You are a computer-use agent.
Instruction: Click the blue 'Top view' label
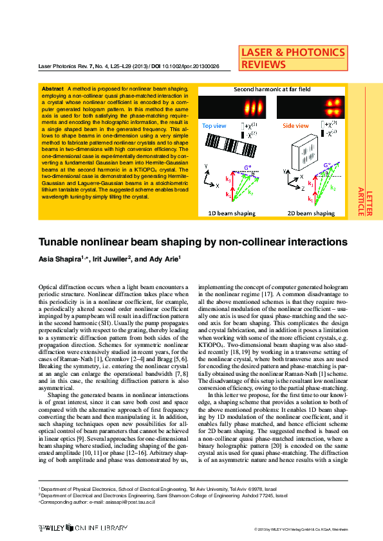click(x=215, y=127)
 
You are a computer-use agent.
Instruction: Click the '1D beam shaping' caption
click(x=228, y=213)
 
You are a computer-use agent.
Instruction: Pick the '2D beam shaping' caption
click(x=311, y=213)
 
